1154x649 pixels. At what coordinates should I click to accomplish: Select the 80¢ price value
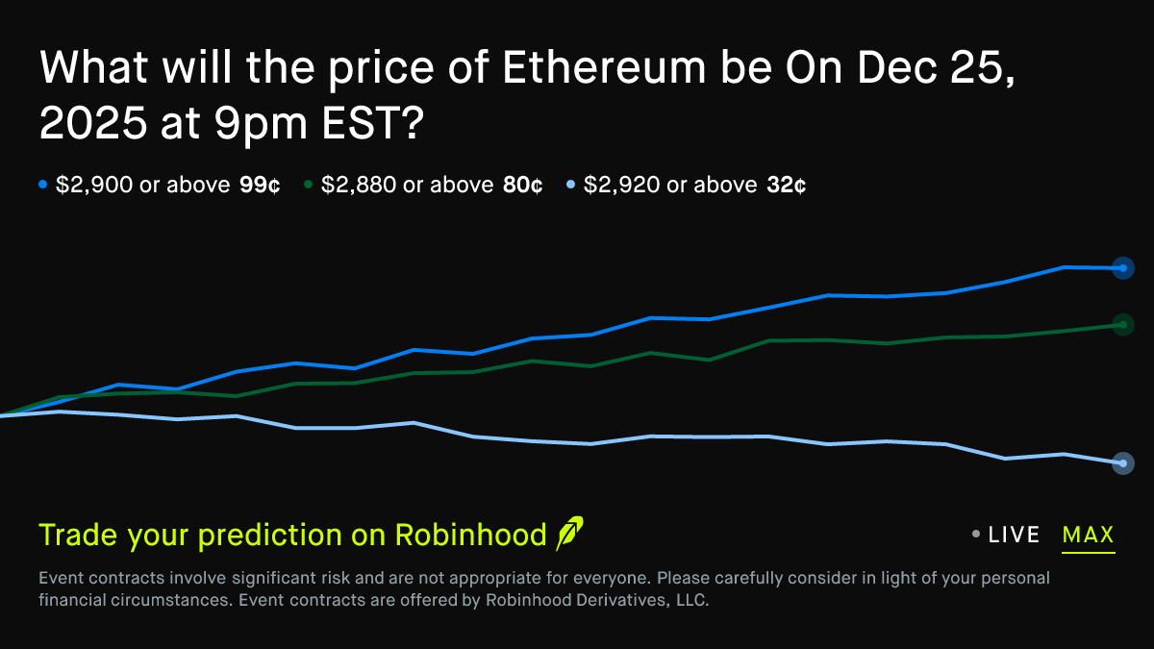tap(523, 185)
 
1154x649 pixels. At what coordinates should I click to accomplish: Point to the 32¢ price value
tap(787, 185)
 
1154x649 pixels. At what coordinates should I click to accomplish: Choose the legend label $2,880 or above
tap(408, 185)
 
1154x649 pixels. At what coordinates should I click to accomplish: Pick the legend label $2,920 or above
tap(670, 185)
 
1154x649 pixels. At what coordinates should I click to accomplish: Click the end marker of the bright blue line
tap(1122, 268)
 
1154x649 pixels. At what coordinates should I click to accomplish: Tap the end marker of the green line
tap(1122, 325)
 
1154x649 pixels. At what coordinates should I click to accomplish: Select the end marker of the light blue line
tap(1122, 463)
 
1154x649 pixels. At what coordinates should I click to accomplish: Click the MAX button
tap(1089, 535)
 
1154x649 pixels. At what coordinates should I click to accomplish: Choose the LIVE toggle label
tap(1014, 535)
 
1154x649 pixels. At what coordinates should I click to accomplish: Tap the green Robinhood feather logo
tap(569, 534)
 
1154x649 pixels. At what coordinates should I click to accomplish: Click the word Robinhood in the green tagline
tap(470, 536)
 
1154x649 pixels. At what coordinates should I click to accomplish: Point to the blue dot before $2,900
tap(42, 185)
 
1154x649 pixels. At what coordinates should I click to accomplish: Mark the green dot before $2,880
tap(307, 185)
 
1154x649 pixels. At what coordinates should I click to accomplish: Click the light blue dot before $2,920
tap(570, 185)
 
